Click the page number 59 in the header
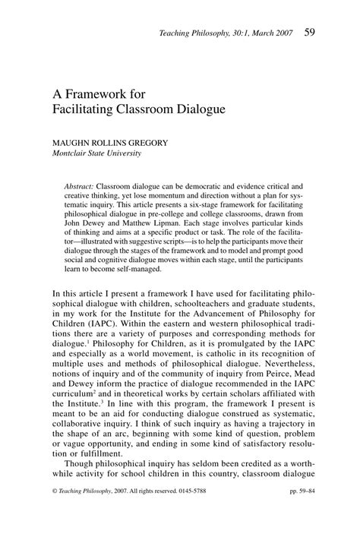tap(311, 32)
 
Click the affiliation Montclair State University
tap(97, 153)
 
